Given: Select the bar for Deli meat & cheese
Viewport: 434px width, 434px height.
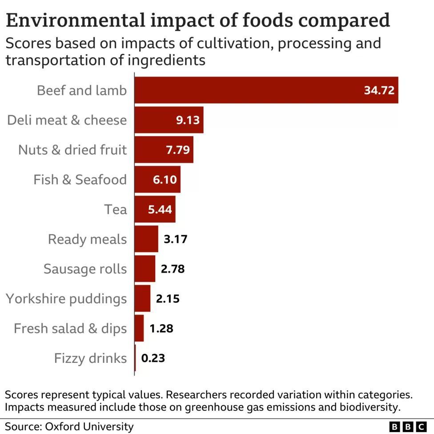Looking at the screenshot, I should (x=169, y=120).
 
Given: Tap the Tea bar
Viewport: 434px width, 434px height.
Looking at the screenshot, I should (x=155, y=209).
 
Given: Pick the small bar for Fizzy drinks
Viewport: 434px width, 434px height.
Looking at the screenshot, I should (x=135, y=358).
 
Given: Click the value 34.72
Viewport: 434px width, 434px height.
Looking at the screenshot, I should (x=379, y=91).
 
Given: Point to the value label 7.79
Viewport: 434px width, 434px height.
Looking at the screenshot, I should (x=178, y=150).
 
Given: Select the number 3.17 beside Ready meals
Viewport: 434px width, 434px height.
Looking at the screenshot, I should (x=176, y=239).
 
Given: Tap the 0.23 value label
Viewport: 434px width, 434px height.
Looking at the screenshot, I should (x=153, y=358).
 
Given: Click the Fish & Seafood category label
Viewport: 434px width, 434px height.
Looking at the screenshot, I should (x=80, y=180).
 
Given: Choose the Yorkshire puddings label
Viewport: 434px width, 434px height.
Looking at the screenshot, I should (x=66, y=298).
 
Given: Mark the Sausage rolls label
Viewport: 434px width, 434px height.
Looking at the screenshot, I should (x=85, y=269).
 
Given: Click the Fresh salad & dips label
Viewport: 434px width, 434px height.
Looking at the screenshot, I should (x=70, y=329).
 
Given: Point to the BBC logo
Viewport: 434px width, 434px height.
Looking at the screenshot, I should (x=408, y=427).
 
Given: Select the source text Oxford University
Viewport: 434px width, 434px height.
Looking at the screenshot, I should (x=89, y=427).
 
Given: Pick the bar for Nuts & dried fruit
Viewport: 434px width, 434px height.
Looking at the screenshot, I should (x=164, y=150).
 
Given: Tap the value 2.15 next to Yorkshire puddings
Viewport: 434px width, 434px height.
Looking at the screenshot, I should (x=168, y=298).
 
